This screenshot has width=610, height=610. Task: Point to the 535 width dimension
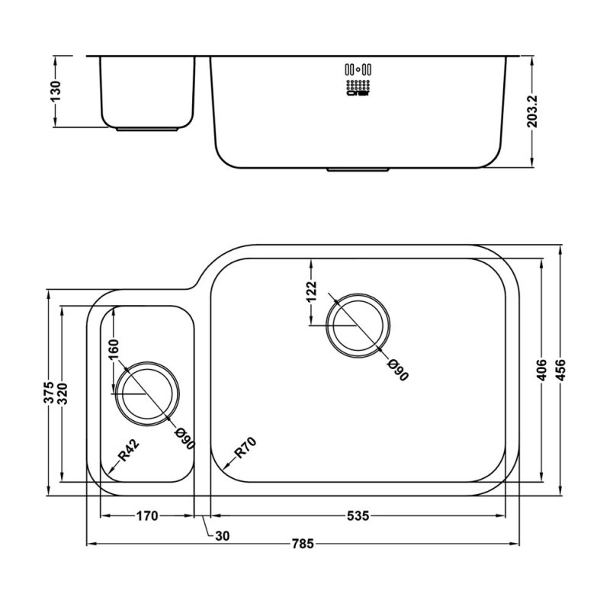[x=358, y=516]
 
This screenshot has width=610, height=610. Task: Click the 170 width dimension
[x=146, y=516]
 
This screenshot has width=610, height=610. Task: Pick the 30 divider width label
[x=222, y=536]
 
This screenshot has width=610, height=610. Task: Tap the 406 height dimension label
[x=541, y=371]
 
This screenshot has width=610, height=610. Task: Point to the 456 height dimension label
[x=563, y=371]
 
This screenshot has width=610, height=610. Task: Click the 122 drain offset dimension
[x=310, y=292]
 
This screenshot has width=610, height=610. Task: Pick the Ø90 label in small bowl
[x=185, y=441]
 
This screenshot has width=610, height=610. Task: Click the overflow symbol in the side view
[x=358, y=79]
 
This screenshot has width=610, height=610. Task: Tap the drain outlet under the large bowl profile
[x=358, y=169]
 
